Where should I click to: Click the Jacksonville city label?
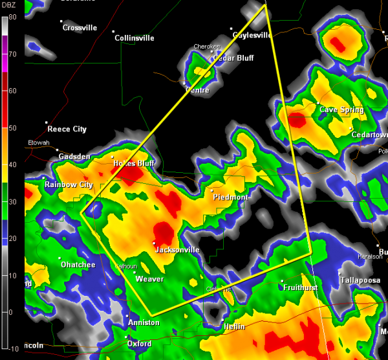click(178, 250)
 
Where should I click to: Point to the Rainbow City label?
click(69, 185)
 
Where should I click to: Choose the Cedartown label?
click(369, 135)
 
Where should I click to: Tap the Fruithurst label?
click(303, 287)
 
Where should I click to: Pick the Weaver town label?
click(149, 279)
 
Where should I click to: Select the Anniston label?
click(144, 322)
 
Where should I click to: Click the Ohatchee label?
click(78, 265)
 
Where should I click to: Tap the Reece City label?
click(67, 129)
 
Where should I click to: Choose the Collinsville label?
click(134, 38)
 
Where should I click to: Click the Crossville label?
click(80, 28)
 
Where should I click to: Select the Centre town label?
click(197, 90)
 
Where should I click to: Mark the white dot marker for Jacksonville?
click(154, 243)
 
